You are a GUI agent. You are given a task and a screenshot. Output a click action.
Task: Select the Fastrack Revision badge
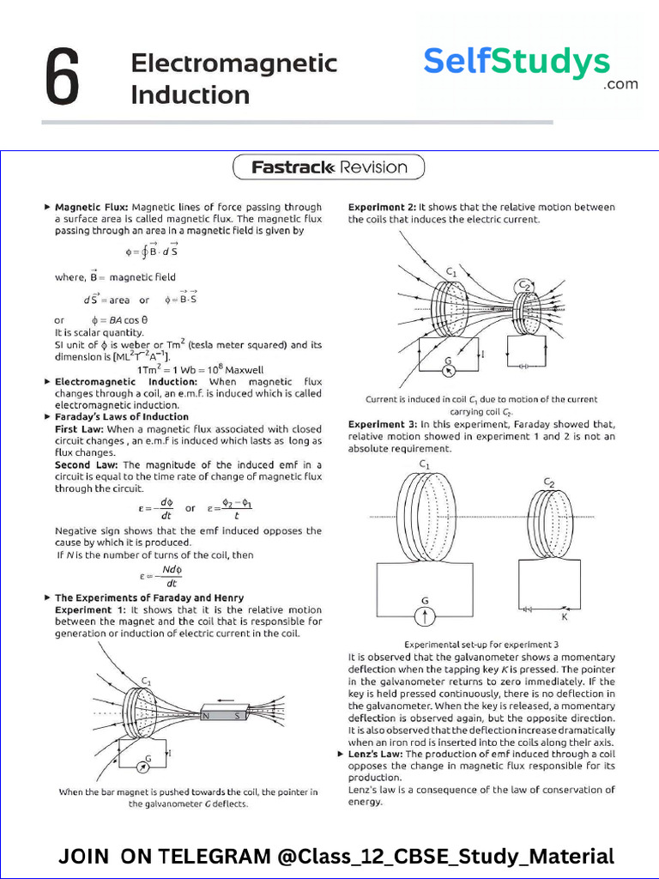tap(329, 167)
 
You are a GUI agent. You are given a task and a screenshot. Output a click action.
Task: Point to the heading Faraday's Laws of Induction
tap(122, 416)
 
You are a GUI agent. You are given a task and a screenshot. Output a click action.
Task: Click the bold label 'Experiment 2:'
tap(382, 207)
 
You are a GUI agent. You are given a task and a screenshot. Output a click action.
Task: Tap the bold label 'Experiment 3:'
tap(382, 424)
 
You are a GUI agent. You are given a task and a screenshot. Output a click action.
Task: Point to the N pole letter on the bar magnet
tap(206, 715)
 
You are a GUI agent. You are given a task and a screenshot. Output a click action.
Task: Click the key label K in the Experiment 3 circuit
tap(564, 616)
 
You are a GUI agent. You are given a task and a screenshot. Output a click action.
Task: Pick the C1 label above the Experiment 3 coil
tap(424, 464)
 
